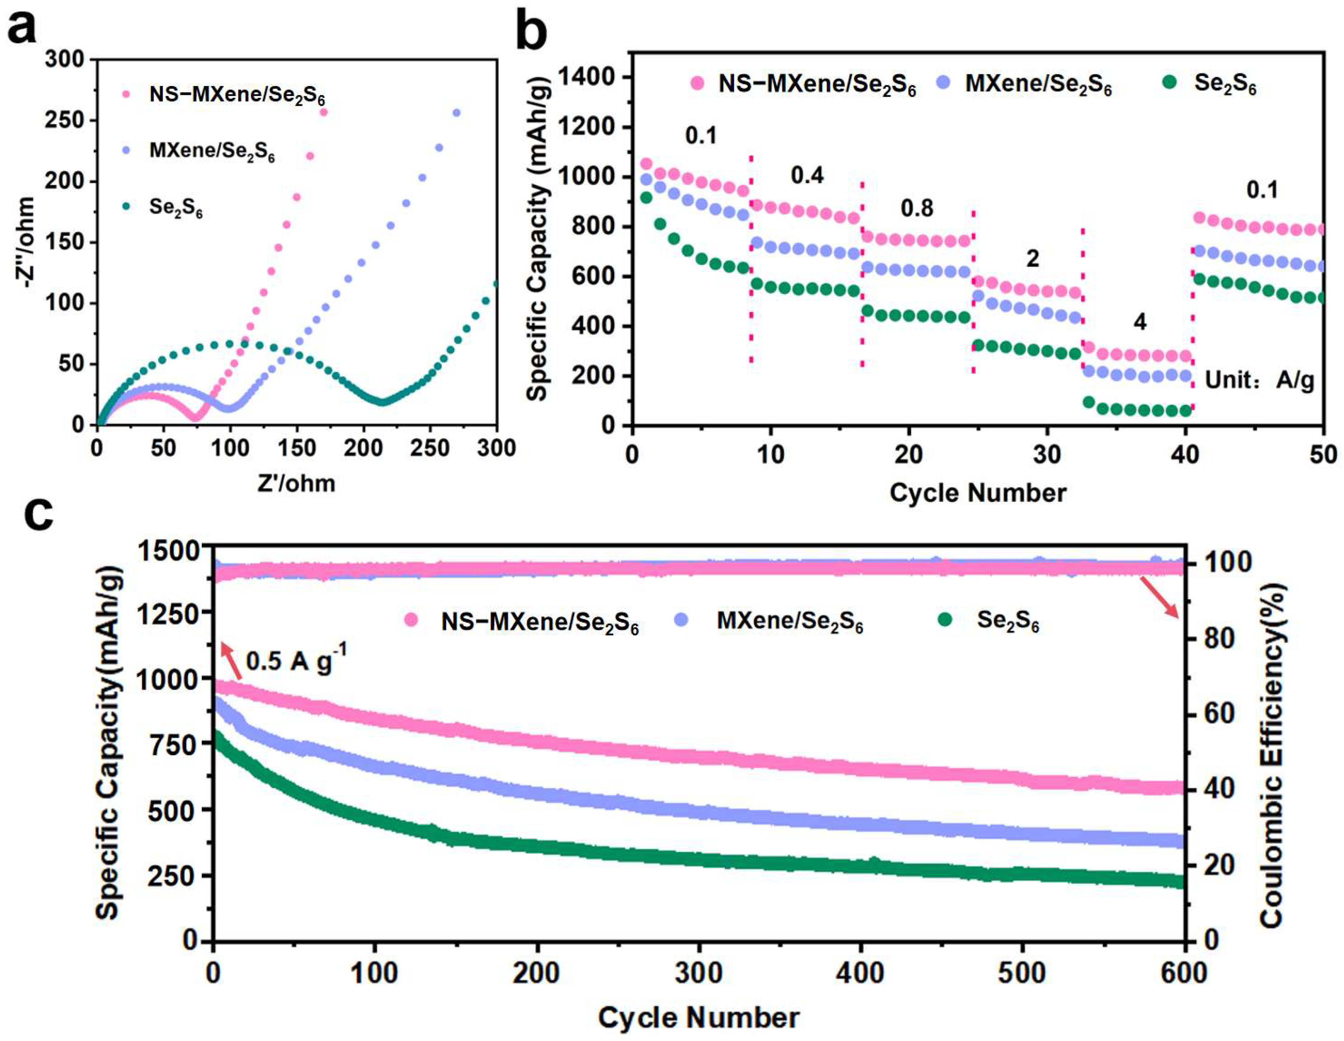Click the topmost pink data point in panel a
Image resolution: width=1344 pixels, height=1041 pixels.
[324, 112]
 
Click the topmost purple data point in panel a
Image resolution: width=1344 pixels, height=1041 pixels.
[456, 113]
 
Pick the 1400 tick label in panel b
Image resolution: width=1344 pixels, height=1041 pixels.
[587, 77]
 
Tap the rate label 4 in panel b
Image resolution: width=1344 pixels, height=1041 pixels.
[1140, 322]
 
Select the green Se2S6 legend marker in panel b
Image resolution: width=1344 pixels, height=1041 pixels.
[1170, 82]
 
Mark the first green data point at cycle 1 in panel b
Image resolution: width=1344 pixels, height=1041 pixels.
[646, 198]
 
